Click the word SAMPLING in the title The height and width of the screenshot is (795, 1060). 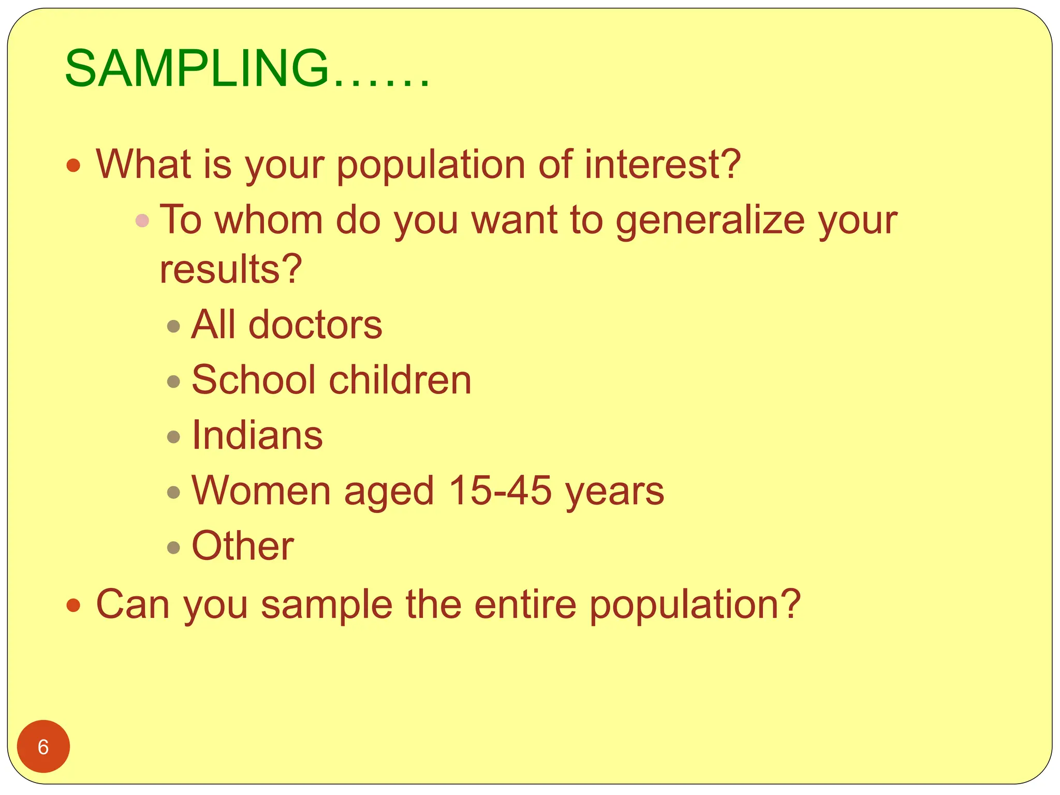pyautogui.click(x=197, y=69)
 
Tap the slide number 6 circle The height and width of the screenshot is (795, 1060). pyautogui.click(x=43, y=746)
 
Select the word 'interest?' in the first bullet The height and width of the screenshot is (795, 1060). pyautogui.click(x=663, y=164)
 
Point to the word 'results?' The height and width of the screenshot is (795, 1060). pyautogui.click(x=231, y=269)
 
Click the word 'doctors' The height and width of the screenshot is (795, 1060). pyautogui.click(x=315, y=325)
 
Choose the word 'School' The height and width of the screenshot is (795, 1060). pyautogui.click(x=253, y=380)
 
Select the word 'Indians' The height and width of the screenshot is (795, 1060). pyautogui.click(x=257, y=435)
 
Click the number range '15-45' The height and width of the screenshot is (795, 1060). pyautogui.click(x=500, y=490)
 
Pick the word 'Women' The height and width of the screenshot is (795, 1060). pyautogui.click(x=261, y=490)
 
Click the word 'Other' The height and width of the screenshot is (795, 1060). pyautogui.click(x=243, y=546)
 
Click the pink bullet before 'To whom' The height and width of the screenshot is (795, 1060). pyautogui.click(x=142, y=221)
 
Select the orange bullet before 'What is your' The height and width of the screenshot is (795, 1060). pyautogui.click(x=73, y=166)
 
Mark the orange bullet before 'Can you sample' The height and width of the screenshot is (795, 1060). pyautogui.click(x=73, y=605)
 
